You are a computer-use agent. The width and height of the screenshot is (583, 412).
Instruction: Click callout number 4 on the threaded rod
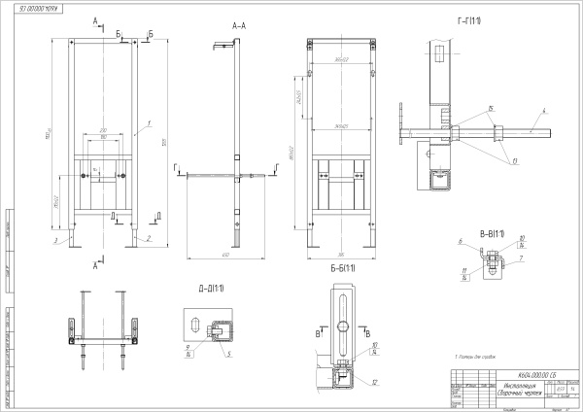click(545, 111)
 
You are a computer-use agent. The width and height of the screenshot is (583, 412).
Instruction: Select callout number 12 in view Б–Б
click(374, 382)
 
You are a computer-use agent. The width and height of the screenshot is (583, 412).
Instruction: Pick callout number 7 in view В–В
click(521, 258)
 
